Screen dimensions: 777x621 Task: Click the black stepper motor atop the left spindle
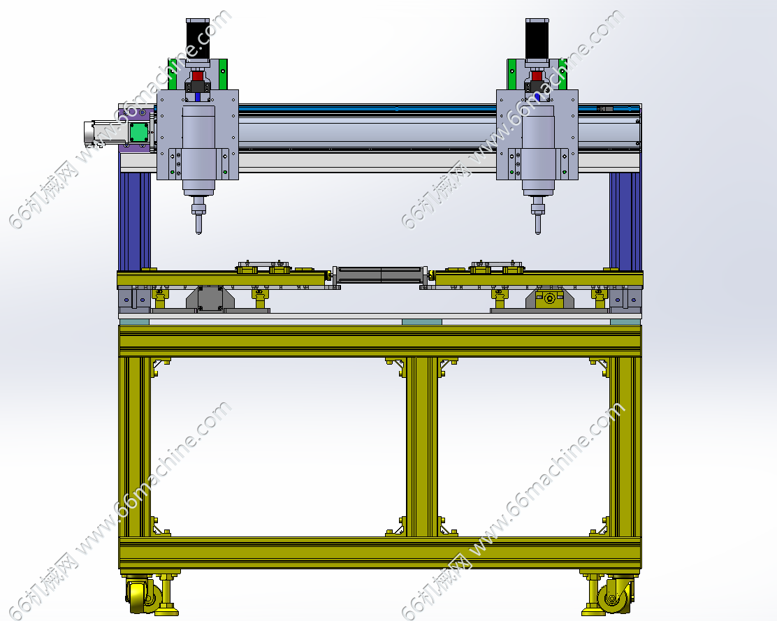[198, 40]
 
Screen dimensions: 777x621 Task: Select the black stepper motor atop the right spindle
[537, 40]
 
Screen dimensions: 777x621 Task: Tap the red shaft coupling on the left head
[198, 76]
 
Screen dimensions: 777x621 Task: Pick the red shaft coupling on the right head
[537, 76]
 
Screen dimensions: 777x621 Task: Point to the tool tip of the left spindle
[198, 233]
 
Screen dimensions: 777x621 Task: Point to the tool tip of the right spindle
[537, 233]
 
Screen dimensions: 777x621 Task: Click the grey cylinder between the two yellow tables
[380, 275]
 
